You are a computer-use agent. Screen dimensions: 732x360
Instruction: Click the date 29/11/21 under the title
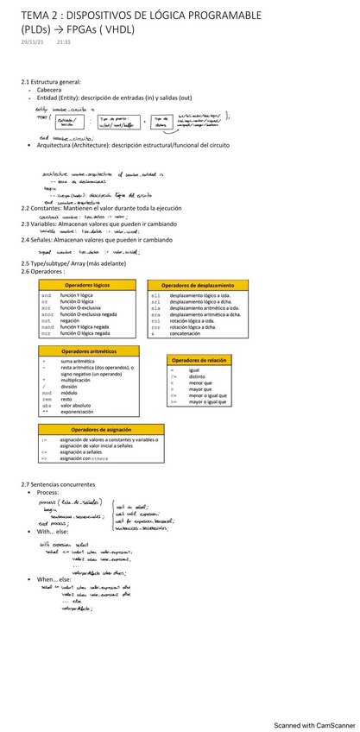[32, 41]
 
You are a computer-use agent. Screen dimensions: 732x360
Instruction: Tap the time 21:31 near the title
[64, 41]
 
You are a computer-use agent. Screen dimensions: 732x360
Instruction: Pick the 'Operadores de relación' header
[199, 360]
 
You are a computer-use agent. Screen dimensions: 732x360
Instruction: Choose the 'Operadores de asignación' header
[100, 429]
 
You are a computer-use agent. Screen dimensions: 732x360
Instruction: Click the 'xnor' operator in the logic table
[47, 314]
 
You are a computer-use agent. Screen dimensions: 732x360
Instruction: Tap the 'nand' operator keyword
[47, 326]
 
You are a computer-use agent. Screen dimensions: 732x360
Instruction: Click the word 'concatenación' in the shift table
[191, 332]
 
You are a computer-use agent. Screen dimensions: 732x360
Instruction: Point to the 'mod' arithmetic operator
[46, 392]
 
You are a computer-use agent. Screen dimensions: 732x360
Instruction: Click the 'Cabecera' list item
[49, 89]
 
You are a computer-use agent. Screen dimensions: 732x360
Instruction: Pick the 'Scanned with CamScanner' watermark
[311, 726]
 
